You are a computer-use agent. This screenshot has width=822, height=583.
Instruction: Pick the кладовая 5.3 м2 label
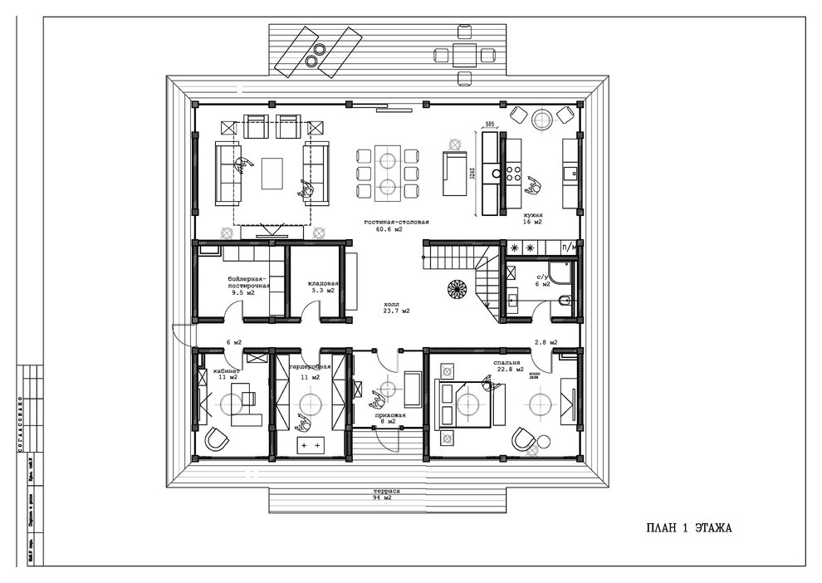[x=319, y=287]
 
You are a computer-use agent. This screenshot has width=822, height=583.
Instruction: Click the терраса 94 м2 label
[x=387, y=496]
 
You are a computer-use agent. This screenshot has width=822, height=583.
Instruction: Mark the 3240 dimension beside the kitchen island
[x=471, y=174]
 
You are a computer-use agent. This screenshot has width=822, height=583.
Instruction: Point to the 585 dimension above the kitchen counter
[x=490, y=125]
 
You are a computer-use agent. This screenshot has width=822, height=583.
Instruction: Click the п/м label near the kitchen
[x=570, y=247]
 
